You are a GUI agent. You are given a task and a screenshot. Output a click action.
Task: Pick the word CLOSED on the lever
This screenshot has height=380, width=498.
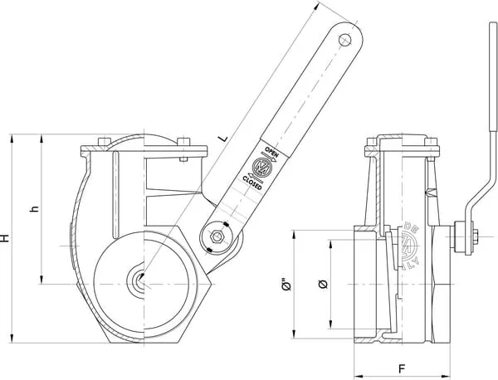click(x=253, y=181)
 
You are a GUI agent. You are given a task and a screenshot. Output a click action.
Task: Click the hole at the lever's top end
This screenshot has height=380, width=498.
click(x=347, y=37)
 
